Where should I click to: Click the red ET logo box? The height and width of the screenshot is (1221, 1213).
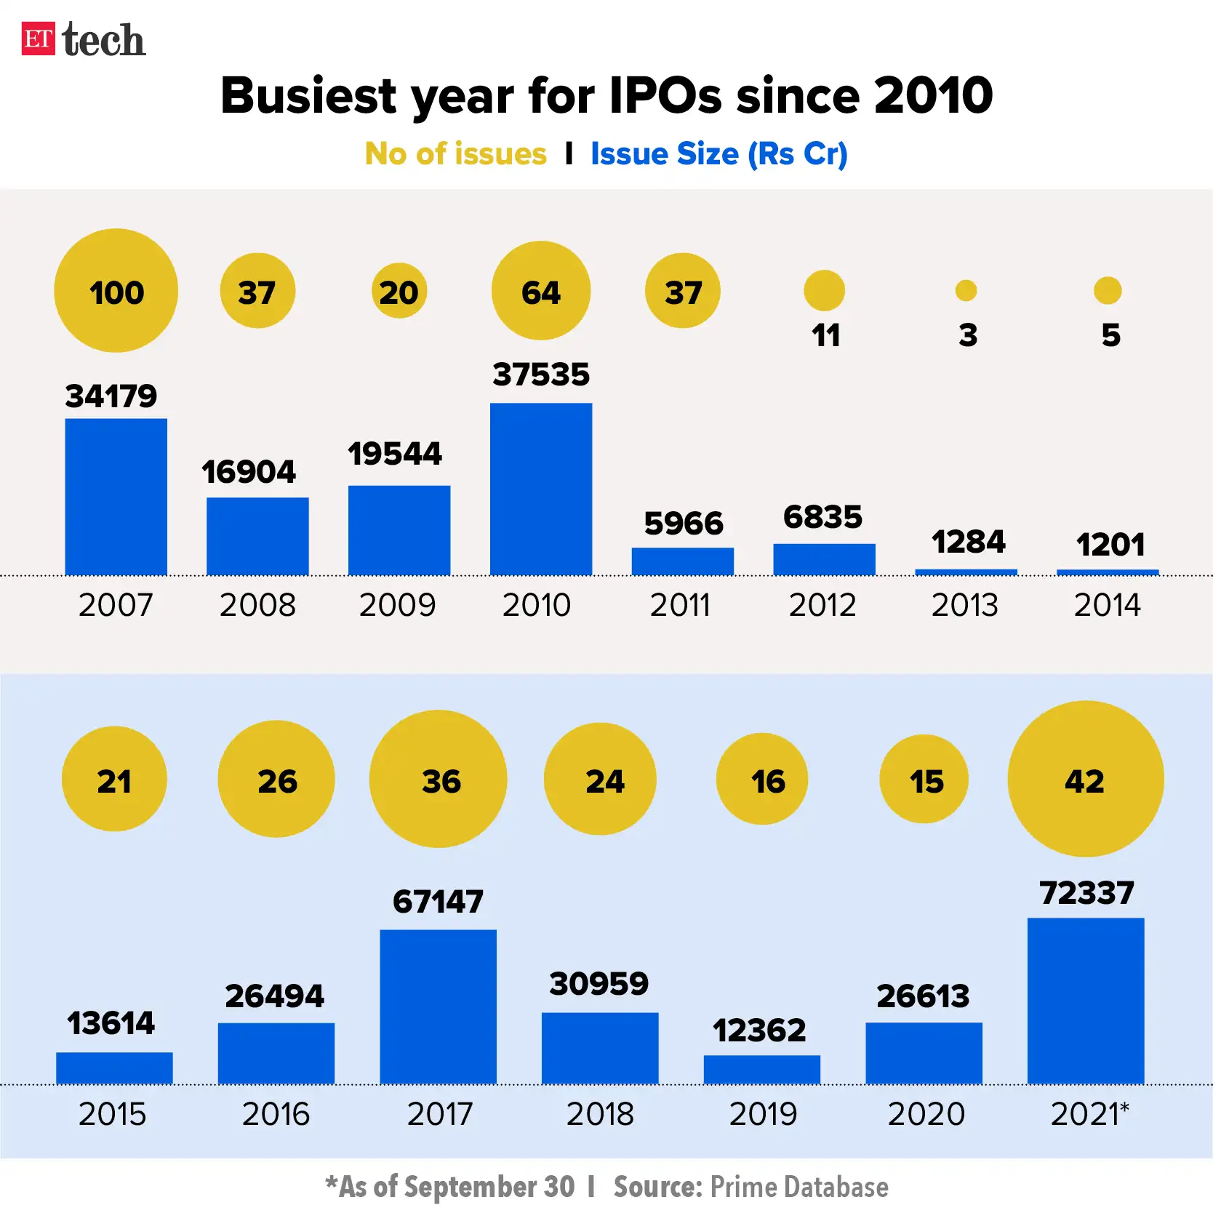(x=38, y=39)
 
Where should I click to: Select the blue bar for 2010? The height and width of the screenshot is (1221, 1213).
(x=540, y=489)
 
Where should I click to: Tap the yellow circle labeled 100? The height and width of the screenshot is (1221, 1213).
(x=116, y=291)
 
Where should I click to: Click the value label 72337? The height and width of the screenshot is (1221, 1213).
(x=1086, y=893)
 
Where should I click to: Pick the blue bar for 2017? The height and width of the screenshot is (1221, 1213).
(x=438, y=1006)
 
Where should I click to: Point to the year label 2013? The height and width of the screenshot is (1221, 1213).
(x=964, y=605)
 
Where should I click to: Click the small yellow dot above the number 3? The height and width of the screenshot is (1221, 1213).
(x=966, y=291)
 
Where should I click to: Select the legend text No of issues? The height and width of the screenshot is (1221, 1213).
(x=455, y=154)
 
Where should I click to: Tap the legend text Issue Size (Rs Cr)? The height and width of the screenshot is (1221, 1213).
(x=718, y=154)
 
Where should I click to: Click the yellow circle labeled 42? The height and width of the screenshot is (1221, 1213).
(x=1085, y=779)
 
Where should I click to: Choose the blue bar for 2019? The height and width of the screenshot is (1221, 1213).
(x=761, y=1069)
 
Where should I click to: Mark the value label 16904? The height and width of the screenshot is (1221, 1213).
(x=249, y=472)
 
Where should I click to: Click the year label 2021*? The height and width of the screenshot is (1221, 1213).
(x=1089, y=1113)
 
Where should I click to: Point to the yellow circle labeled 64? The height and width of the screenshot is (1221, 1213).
(x=540, y=291)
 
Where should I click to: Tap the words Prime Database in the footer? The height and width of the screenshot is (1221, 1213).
(x=798, y=1187)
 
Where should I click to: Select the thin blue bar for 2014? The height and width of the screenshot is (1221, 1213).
(x=1107, y=572)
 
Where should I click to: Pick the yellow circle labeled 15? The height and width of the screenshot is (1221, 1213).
(x=924, y=779)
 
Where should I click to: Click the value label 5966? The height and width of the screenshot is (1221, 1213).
(x=683, y=524)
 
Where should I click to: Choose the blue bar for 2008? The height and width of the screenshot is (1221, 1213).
(x=257, y=536)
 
